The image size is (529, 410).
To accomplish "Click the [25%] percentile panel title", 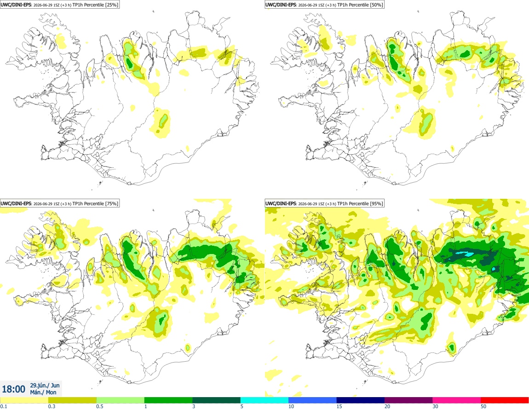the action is coord(59,5).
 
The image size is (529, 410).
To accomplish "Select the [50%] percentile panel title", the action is coord(324,5).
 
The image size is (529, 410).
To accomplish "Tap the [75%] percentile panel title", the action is coord(59,203).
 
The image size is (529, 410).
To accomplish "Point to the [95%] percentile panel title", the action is coord(324,203).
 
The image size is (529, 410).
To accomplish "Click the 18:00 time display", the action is coord(13,389).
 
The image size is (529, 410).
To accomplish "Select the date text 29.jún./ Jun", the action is coord(45,385).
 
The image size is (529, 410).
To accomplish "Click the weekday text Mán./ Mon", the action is coord(43,392).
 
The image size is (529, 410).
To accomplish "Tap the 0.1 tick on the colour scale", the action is coord(3,406).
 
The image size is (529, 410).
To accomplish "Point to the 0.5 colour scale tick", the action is coord(99,406).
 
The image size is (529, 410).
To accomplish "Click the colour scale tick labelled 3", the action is coord(194,406).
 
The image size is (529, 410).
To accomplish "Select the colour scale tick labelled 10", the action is coord(291,406).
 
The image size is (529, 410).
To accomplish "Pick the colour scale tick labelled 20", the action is coord(387,406).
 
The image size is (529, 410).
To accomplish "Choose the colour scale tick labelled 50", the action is coord(483,406).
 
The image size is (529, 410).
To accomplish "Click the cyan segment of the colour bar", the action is coord(264,400).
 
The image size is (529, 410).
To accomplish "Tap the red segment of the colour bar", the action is coord(505,400).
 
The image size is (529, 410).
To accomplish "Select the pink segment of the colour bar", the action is coord(456,400).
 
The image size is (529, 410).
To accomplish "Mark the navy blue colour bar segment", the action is coord(360,400).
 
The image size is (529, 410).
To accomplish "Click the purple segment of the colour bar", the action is coord(408,400).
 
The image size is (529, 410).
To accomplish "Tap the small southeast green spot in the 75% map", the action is coord(188,347).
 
